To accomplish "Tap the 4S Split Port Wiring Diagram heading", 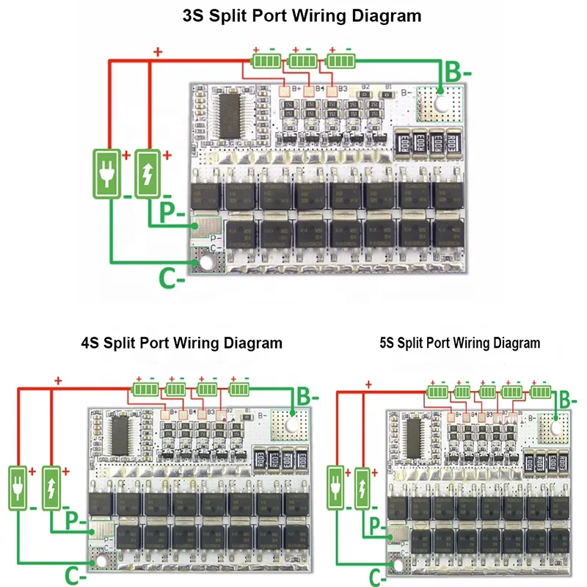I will tap(181, 343).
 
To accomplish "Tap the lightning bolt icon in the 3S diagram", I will tap(150, 173).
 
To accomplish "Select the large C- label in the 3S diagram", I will tap(171, 278).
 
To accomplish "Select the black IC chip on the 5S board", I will tap(416, 437).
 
